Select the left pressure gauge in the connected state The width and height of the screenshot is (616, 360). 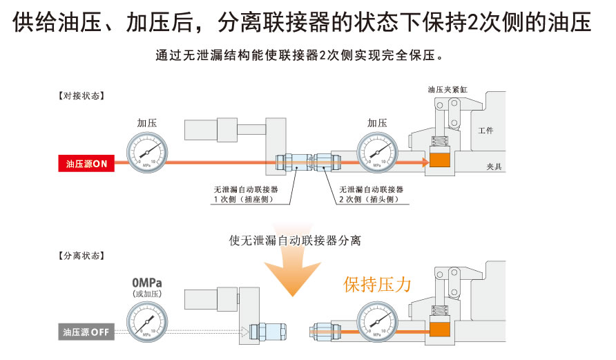[x=146, y=151]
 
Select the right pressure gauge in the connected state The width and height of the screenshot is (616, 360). [x=376, y=151]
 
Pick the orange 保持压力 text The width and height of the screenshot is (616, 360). [x=378, y=285]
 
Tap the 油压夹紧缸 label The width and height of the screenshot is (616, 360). [x=450, y=90]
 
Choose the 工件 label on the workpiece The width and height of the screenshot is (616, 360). [x=486, y=131]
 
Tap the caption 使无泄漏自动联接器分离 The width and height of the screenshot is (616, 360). [x=295, y=241]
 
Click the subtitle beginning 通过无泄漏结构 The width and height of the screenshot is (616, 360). [x=299, y=55]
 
